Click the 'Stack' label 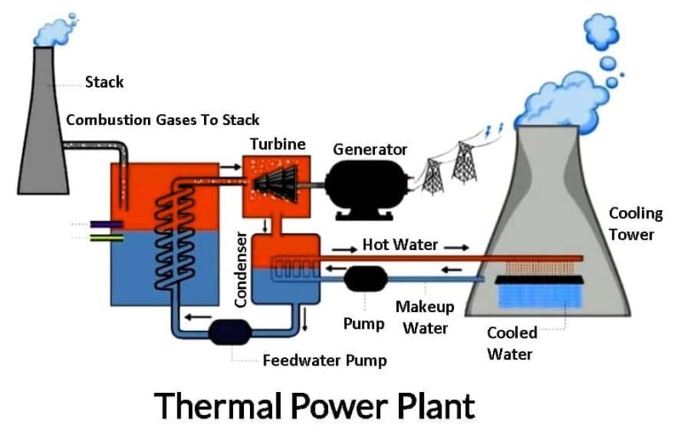click(x=104, y=82)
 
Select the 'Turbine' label click(x=278, y=144)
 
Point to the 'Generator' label click(x=370, y=149)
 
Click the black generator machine click(x=364, y=187)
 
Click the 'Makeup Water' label click(x=426, y=317)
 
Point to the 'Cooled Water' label click(x=512, y=343)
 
